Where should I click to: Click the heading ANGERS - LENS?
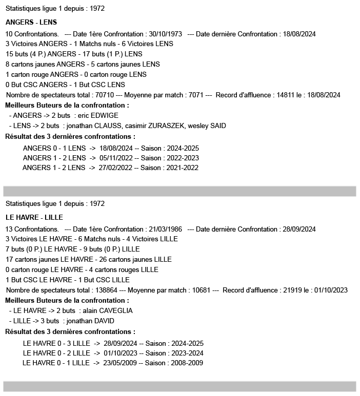[x=31, y=23]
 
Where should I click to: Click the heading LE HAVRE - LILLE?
[x=34, y=218]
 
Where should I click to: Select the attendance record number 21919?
[x=293, y=290]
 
